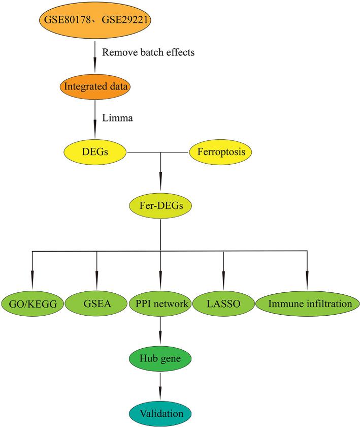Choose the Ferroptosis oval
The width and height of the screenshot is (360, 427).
[220, 151]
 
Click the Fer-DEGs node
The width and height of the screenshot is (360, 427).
[160, 207]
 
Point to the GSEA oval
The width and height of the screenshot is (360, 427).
[96, 304]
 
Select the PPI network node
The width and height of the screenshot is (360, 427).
[160, 304]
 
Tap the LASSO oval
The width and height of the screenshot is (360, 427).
[223, 304]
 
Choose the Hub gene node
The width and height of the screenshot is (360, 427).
[160, 359]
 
